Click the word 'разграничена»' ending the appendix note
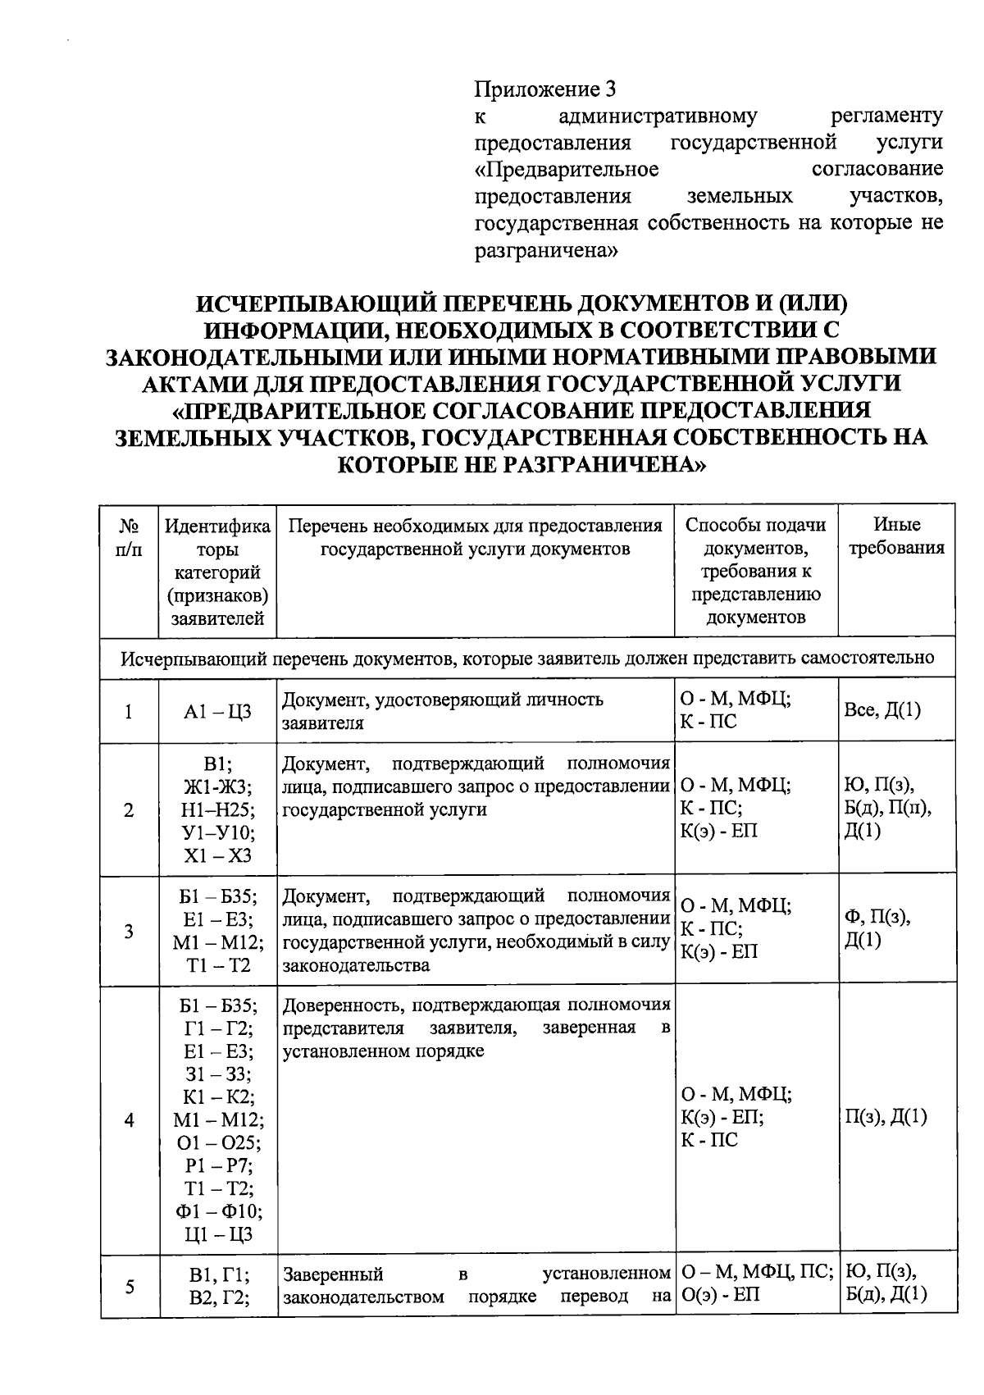click(x=546, y=250)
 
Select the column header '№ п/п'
click(x=129, y=537)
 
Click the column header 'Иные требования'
click(x=896, y=536)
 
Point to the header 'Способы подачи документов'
click(x=755, y=536)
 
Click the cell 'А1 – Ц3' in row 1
click(x=217, y=711)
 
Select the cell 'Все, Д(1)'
click(x=882, y=710)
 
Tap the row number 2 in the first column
click(x=129, y=810)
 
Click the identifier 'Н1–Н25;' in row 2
click(x=217, y=810)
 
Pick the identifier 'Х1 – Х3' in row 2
click(x=217, y=855)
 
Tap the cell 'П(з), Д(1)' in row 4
click(x=886, y=1117)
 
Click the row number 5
click(x=129, y=1286)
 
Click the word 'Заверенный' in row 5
click(x=333, y=1274)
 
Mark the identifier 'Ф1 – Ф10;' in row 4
click(x=217, y=1211)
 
